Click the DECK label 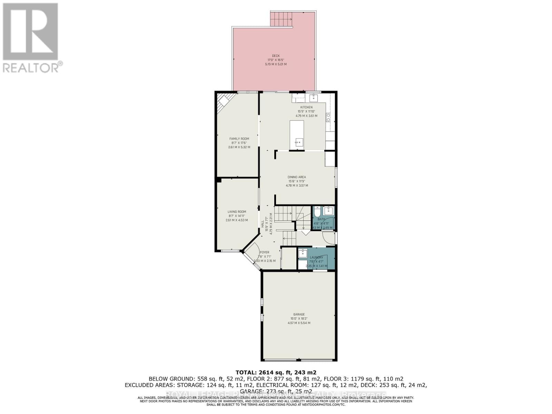[276, 56]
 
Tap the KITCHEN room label [306, 107]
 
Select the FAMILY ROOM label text [239, 139]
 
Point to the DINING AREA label [297, 177]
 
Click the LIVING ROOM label [237, 212]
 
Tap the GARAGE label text [299, 314]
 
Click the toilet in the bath [317, 211]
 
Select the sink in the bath [329, 210]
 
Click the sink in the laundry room [303, 253]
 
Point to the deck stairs [281, 19]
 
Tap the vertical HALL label [263, 223]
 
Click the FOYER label [265, 252]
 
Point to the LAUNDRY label [316, 257]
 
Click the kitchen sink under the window [314, 98]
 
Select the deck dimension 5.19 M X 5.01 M [276, 64]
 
